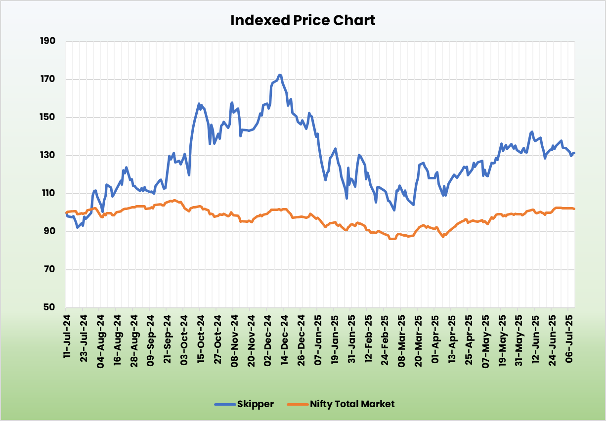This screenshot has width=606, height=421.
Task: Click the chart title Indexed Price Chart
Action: click(x=303, y=20)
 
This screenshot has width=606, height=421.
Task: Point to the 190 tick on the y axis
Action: click(x=48, y=41)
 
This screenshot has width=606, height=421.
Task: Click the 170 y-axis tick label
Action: click(x=48, y=79)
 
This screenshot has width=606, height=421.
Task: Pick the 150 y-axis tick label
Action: click(x=48, y=117)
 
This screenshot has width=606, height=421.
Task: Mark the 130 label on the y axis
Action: click(x=48, y=155)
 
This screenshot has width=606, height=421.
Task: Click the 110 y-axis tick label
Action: click(x=48, y=193)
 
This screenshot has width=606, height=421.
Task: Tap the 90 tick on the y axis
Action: click(x=50, y=231)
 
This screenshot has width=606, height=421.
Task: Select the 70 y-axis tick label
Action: click(x=50, y=269)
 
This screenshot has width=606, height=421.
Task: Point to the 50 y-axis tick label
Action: click(x=50, y=307)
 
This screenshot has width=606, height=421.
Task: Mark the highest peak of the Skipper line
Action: click(x=280, y=75)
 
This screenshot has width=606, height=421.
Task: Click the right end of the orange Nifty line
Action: click(x=574, y=209)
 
